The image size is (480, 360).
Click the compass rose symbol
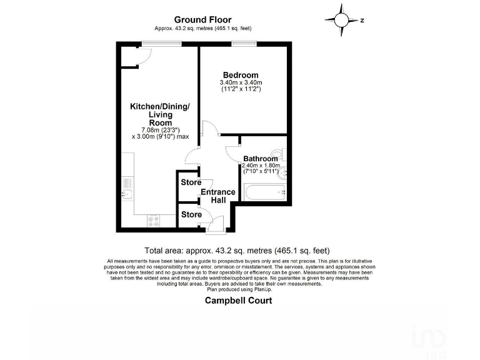pos(342,20)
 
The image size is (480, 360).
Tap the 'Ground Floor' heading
pos(203,20)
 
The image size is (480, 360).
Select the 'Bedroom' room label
pos(241,76)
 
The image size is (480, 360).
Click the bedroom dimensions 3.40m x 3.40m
pos(241,83)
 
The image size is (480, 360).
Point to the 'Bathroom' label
pos(261,159)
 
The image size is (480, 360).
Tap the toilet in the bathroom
pos(277,154)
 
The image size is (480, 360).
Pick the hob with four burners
pos(152,220)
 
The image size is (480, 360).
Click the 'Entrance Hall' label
pos(217,196)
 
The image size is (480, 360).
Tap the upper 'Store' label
pos(191,182)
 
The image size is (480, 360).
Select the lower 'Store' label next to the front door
pos(191,214)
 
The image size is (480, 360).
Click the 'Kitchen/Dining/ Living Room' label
pos(159,115)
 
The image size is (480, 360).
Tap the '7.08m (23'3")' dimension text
pos(160,130)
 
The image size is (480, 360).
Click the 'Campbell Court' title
pos(239,300)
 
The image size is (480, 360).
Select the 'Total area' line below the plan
pos(237,250)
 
